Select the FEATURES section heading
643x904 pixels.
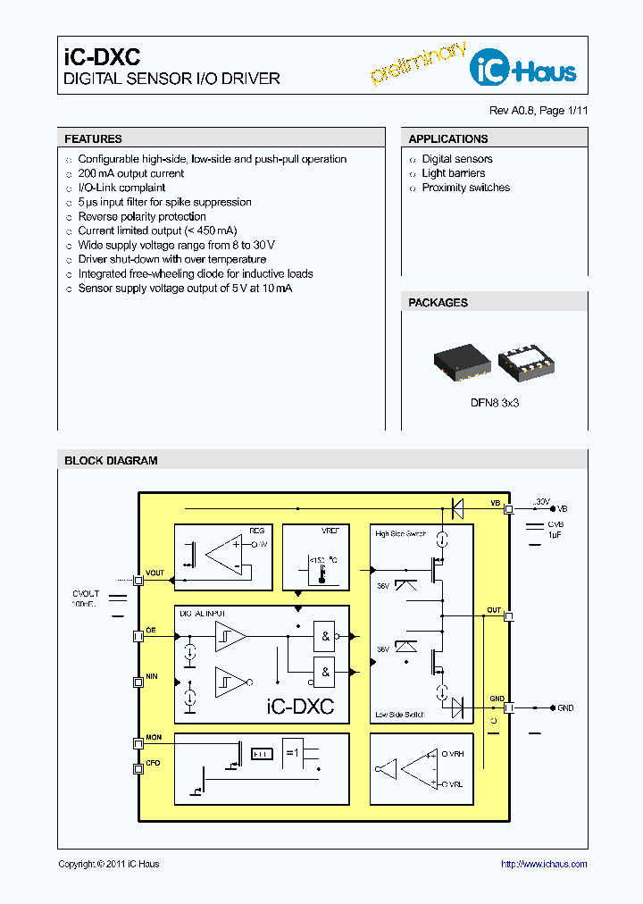coord(94,139)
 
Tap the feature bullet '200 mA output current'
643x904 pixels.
coord(130,173)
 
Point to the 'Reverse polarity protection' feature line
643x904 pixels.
coord(142,216)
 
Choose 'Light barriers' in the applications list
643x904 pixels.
coord(454,173)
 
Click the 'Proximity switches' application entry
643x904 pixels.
coord(465,188)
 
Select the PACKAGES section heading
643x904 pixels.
coord(438,303)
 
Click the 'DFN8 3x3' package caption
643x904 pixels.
coord(495,403)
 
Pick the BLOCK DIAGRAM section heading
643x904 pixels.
coord(111,461)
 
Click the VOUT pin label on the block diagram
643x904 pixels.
coord(155,573)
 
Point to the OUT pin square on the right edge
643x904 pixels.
coord(509,616)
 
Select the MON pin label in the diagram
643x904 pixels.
coord(154,737)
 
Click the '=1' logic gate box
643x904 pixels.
coord(293,752)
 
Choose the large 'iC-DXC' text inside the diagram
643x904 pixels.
coord(300,706)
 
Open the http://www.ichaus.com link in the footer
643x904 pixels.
coord(544,864)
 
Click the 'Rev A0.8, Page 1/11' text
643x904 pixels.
coord(539,111)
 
